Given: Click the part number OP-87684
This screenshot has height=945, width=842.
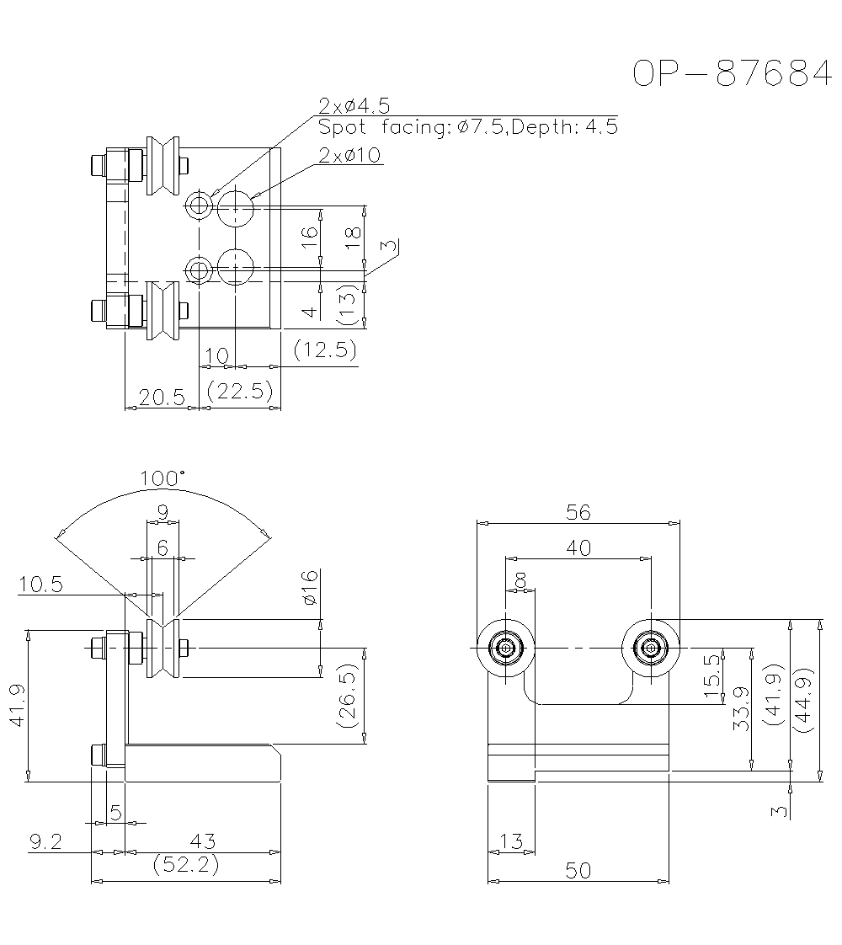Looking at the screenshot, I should click(732, 74).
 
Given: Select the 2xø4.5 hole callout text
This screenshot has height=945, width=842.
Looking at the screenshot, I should click(354, 106).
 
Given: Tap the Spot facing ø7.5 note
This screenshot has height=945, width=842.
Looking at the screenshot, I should click(467, 127).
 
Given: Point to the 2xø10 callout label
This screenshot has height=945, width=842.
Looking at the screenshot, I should click(349, 155).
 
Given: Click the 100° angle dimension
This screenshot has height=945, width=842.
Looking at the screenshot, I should click(163, 479).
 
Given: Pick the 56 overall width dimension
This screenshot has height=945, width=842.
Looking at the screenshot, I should click(578, 511).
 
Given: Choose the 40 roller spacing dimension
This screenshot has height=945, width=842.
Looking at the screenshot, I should click(578, 547).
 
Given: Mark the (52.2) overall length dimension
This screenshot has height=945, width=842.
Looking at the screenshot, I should click(185, 865).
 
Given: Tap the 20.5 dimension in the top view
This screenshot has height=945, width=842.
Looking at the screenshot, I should click(162, 398).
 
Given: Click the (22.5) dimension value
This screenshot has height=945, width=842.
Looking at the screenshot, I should click(240, 390).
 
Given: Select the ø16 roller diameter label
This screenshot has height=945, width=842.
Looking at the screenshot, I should click(309, 587).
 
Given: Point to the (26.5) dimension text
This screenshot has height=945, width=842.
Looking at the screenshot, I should click(347, 696).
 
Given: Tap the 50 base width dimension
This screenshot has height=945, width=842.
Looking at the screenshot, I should click(578, 871).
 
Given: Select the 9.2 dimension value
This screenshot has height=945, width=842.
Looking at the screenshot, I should click(46, 841).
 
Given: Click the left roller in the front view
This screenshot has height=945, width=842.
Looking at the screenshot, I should click(505, 649).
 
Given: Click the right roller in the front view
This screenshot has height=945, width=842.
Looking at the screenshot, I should click(650, 649).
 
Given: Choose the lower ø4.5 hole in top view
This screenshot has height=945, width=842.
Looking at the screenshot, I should click(200, 270).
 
